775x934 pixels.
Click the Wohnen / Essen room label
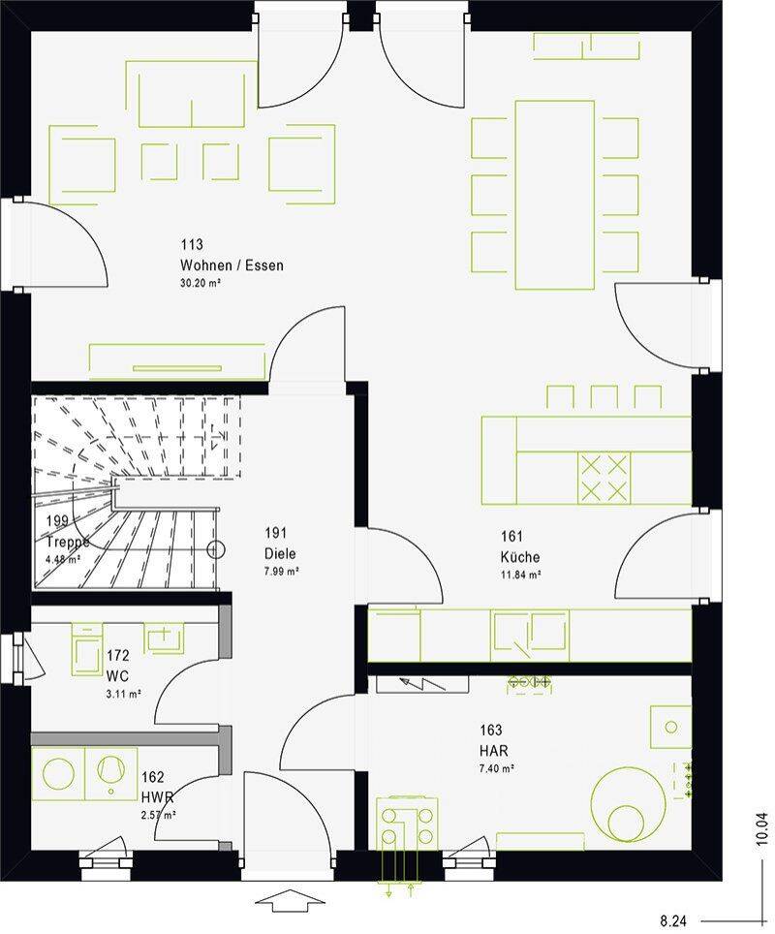click(x=232, y=265)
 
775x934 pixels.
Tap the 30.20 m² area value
click(x=201, y=284)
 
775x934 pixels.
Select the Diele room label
click(x=280, y=553)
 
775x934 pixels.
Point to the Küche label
click(x=520, y=557)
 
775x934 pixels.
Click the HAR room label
click(x=494, y=751)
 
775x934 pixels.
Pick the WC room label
click(x=117, y=676)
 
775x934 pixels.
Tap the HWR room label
click(x=157, y=797)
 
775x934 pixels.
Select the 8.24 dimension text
click(x=673, y=922)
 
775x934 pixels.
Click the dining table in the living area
click(x=554, y=195)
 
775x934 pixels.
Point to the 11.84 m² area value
click(x=520, y=576)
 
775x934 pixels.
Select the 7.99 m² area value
click(x=282, y=572)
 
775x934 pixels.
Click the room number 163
click(x=491, y=730)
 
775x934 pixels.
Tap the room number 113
click(x=192, y=244)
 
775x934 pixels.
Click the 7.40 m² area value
click(x=497, y=769)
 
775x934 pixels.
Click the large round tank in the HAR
click(x=629, y=804)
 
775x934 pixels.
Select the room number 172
click(x=118, y=656)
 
